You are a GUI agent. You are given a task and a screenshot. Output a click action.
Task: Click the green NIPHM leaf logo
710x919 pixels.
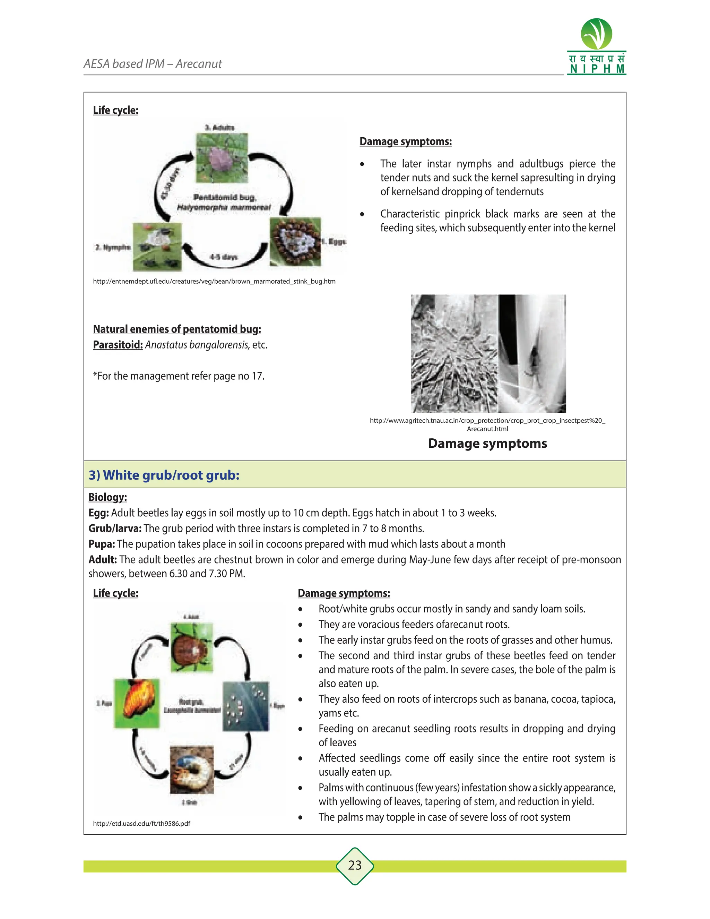coord(596,34)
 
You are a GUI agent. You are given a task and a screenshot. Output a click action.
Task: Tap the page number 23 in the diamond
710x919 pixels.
coord(355,865)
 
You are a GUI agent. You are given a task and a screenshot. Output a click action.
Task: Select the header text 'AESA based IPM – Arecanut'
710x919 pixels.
coord(153,64)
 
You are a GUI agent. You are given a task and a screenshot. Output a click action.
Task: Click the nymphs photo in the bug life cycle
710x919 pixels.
coord(157,247)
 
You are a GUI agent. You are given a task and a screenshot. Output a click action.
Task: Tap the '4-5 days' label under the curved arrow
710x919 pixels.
coord(223,257)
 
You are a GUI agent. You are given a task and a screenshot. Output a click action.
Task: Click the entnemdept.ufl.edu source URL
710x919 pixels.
coord(214,281)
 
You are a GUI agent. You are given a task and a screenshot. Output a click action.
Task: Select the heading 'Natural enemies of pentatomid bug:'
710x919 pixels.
coord(177,329)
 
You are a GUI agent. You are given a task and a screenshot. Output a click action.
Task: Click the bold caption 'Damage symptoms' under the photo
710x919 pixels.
coord(487,444)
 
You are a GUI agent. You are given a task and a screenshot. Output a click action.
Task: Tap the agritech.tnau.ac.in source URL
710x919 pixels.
coord(487,424)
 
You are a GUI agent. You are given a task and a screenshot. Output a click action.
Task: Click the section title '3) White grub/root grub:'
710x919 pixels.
coord(164,475)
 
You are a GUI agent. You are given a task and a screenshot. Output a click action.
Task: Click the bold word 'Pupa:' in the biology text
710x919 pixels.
coord(101,544)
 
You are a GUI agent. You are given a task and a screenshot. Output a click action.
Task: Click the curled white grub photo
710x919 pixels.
coord(192,770)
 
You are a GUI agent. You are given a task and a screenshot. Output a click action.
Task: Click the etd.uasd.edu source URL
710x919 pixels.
coord(141,824)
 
